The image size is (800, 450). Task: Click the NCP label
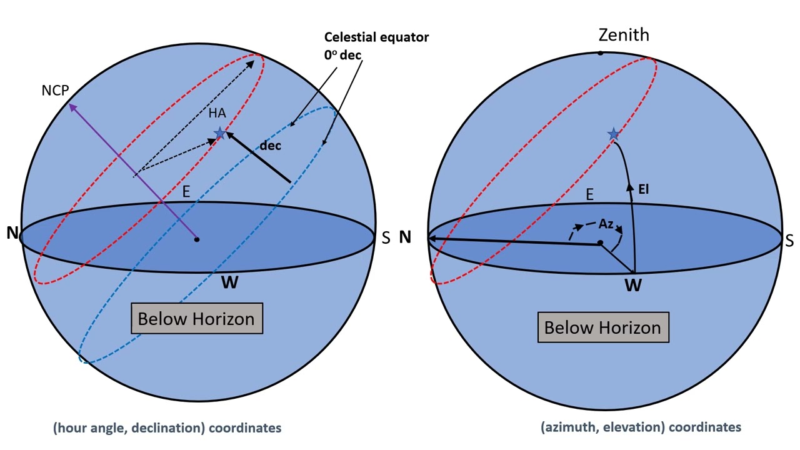tap(55, 91)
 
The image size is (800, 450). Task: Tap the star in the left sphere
tap(220, 133)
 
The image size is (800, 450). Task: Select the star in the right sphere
tap(614, 134)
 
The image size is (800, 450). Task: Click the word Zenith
tap(624, 35)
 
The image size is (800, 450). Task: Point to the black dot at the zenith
tap(601, 53)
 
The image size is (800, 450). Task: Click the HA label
tap(217, 113)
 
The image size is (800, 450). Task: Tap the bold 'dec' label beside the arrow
tap(270, 146)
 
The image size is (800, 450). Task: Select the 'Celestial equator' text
tap(376, 37)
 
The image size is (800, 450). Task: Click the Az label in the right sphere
tap(606, 224)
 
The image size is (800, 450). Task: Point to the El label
tap(643, 189)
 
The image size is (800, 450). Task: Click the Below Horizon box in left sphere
tap(197, 319)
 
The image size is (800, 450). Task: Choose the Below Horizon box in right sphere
tap(603, 327)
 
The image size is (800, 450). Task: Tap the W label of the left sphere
tap(229, 282)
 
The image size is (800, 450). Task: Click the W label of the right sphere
tap(633, 286)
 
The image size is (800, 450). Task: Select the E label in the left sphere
tap(186, 192)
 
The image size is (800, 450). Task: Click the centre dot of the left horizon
tap(197, 239)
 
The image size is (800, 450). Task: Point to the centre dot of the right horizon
tap(601, 243)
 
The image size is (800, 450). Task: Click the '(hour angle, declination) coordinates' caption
tap(167, 427)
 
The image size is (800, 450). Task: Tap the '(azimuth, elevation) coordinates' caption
tap(641, 427)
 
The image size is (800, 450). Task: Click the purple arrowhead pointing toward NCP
tap(72, 107)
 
